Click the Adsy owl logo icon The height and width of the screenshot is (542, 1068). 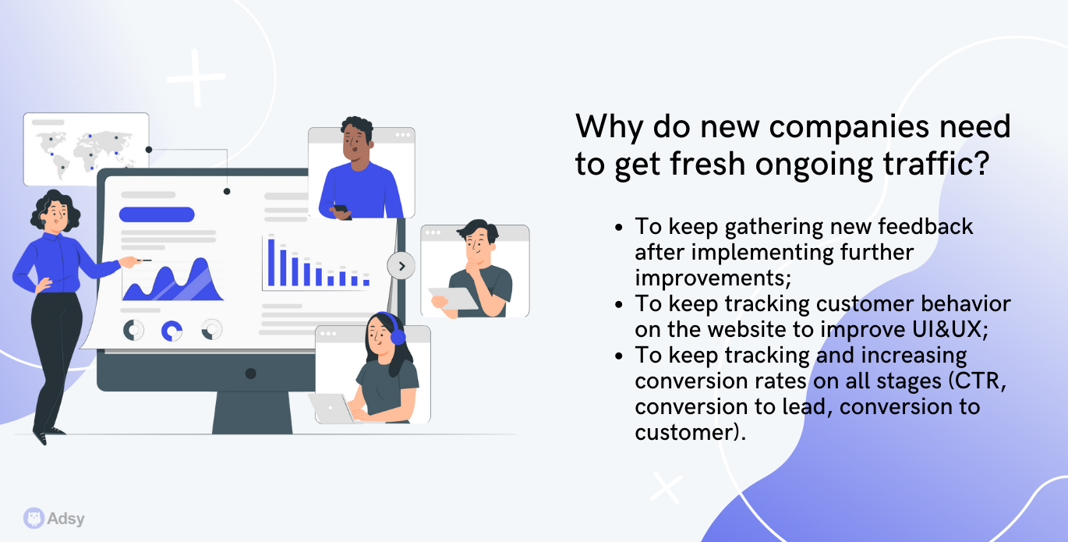click(34, 518)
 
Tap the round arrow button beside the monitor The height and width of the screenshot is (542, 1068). click(401, 266)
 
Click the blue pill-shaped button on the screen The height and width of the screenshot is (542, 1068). click(157, 214)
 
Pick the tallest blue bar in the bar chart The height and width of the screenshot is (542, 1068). click(271, 262)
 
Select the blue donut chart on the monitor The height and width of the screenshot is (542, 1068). click(172, 331)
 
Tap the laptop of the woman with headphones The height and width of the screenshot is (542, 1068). click(332, 409)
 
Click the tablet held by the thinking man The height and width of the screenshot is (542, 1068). click(453, 298)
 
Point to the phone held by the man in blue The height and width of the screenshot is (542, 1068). click(341, 208)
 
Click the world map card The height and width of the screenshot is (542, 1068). click(87, 149)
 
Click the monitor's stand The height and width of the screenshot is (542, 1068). click(253, 413)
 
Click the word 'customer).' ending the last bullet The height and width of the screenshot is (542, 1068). click(691, 433)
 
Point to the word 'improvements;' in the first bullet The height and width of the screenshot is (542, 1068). click(713, 278)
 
